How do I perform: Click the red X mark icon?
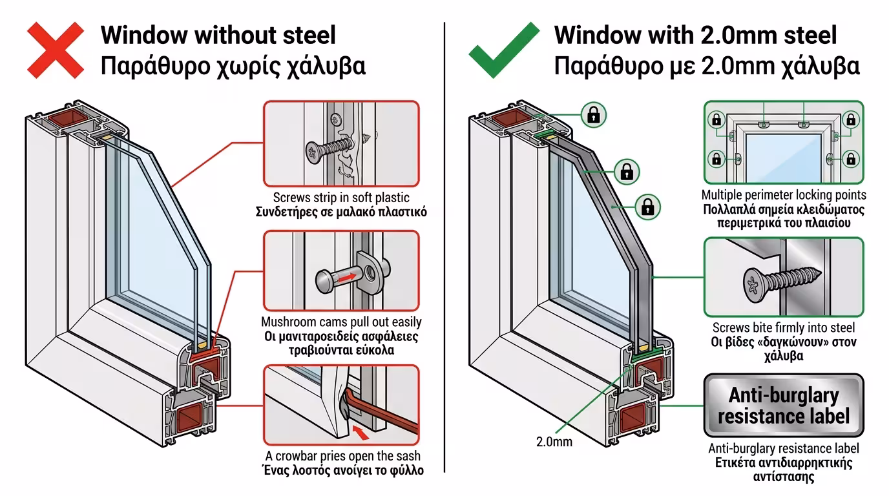point(55,50)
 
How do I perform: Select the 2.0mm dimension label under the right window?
point(554,442)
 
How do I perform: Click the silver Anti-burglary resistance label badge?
point(783,406)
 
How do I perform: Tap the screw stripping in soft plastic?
point(333,147)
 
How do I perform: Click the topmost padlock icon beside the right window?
point(592,115)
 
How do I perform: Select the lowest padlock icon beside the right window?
point(647,207)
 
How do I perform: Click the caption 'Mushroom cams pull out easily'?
point(341,322)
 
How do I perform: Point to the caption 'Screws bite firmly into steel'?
point(783,328)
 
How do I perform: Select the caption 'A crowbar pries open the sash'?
point(342,456)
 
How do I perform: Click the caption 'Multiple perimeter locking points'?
point(784,195)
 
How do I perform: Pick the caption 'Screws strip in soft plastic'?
point(340,198)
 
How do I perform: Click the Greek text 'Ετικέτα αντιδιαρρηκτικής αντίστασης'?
point(783,470)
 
